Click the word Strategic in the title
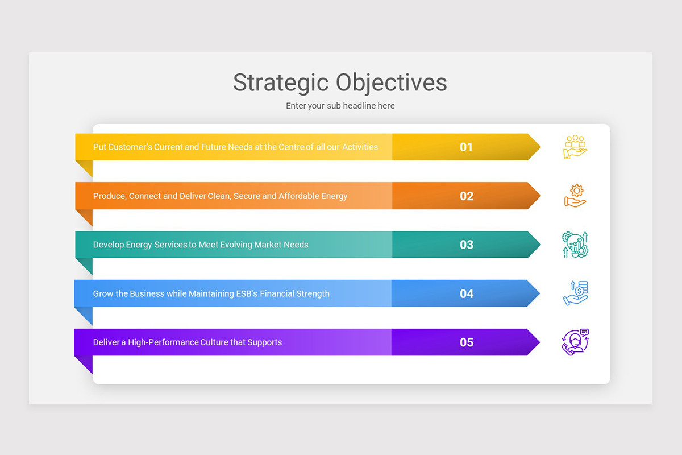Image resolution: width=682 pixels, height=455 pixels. pos(281,83)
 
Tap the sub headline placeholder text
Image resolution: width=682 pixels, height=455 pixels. pos(340,106)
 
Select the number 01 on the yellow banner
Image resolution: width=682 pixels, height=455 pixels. pos(466,147)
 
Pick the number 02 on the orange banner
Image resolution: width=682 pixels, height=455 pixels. pos(466,196)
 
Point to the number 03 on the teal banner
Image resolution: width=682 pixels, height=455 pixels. pos(466,245)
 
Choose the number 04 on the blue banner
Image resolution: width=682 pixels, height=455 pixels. pos(466,294)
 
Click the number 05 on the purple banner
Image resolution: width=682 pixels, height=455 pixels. pos(466,342)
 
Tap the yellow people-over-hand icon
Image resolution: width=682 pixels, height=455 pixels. pos(575,147)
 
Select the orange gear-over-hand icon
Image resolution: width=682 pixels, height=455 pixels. pos(575,196)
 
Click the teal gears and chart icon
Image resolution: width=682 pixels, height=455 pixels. pos(575,245)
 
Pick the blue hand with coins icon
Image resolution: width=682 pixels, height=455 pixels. pos(575,293)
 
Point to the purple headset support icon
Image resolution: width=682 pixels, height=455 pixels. pos(575,342)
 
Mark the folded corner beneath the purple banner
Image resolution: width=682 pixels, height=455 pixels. pos(84,363)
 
